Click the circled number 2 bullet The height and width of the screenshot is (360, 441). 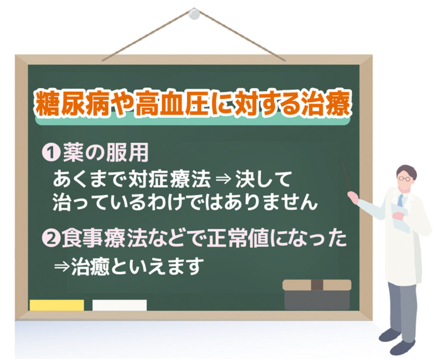click(51, 238)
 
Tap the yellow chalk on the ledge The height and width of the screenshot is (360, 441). click(57, 305)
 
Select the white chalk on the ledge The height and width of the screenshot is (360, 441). click(120, 305)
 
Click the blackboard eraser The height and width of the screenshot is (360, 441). click(317, 295)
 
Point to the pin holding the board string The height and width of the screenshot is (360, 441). click(194, 14)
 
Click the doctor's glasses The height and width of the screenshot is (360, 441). click(404, 178)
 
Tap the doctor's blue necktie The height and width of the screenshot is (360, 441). click(400, 200)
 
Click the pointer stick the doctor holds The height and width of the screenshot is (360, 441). click(346, 177)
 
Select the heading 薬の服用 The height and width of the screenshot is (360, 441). click(106, 153)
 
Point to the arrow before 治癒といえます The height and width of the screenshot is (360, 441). click(62, 266)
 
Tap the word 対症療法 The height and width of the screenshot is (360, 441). click(169, 179)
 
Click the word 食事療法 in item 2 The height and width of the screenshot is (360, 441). click(103, 238)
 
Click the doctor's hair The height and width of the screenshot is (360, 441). click(407, 171)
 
